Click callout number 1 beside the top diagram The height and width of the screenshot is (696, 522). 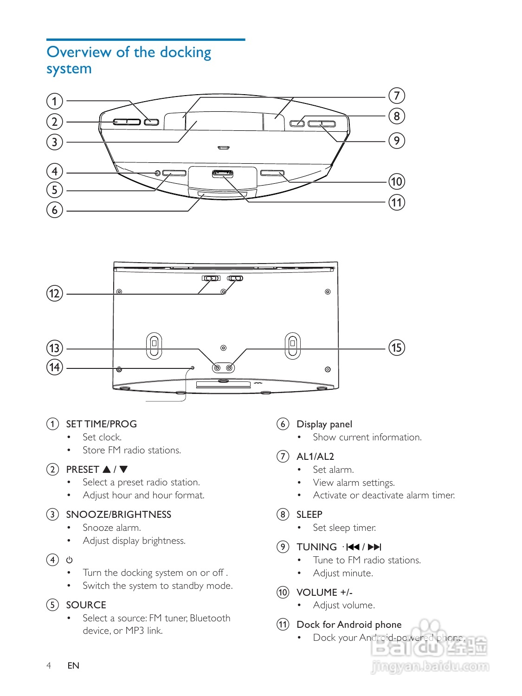point(54,101)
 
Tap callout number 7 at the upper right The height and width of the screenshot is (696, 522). point(397,96)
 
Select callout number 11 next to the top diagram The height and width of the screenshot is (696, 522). point(397,202)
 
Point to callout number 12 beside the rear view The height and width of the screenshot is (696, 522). point(54,293)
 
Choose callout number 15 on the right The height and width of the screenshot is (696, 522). point(397,348)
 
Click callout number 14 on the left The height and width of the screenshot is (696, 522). point(54,367)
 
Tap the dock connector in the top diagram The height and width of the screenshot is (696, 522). point(223,174)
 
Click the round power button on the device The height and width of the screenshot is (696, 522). point(157,173)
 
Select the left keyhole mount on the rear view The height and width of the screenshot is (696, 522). point(154,346)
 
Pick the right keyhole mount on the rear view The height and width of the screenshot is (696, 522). point(292,346)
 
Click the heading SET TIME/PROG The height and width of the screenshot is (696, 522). point(101,424)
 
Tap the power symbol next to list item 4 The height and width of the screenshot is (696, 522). point(70,560)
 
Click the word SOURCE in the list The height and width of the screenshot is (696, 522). point(86,605)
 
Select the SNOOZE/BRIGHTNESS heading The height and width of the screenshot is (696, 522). point(118,515)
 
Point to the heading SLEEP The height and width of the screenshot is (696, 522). point(309,515)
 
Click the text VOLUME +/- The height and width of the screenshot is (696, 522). point(324,593)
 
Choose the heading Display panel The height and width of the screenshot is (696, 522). point(324,424)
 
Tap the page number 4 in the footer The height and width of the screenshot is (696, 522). point(49,665)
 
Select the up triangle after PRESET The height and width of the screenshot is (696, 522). point(107,469)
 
